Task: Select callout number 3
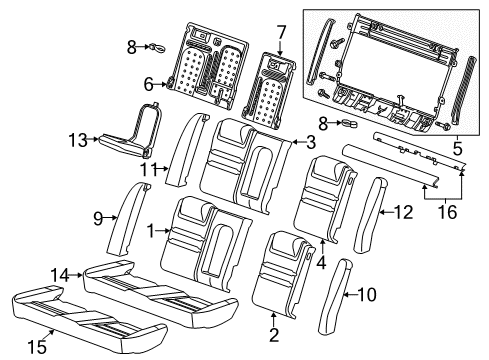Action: click(311, 144)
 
